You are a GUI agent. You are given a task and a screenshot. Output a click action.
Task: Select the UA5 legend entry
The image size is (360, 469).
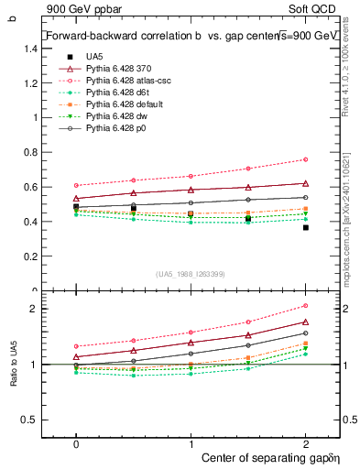coord(93,57)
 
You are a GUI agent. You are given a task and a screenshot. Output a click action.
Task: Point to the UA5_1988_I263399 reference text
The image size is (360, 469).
coord(191,274)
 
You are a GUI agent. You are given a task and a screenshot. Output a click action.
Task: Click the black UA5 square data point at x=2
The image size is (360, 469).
coord(305,227)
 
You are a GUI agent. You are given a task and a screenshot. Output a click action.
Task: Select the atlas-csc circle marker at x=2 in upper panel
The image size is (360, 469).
coord(305,159)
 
